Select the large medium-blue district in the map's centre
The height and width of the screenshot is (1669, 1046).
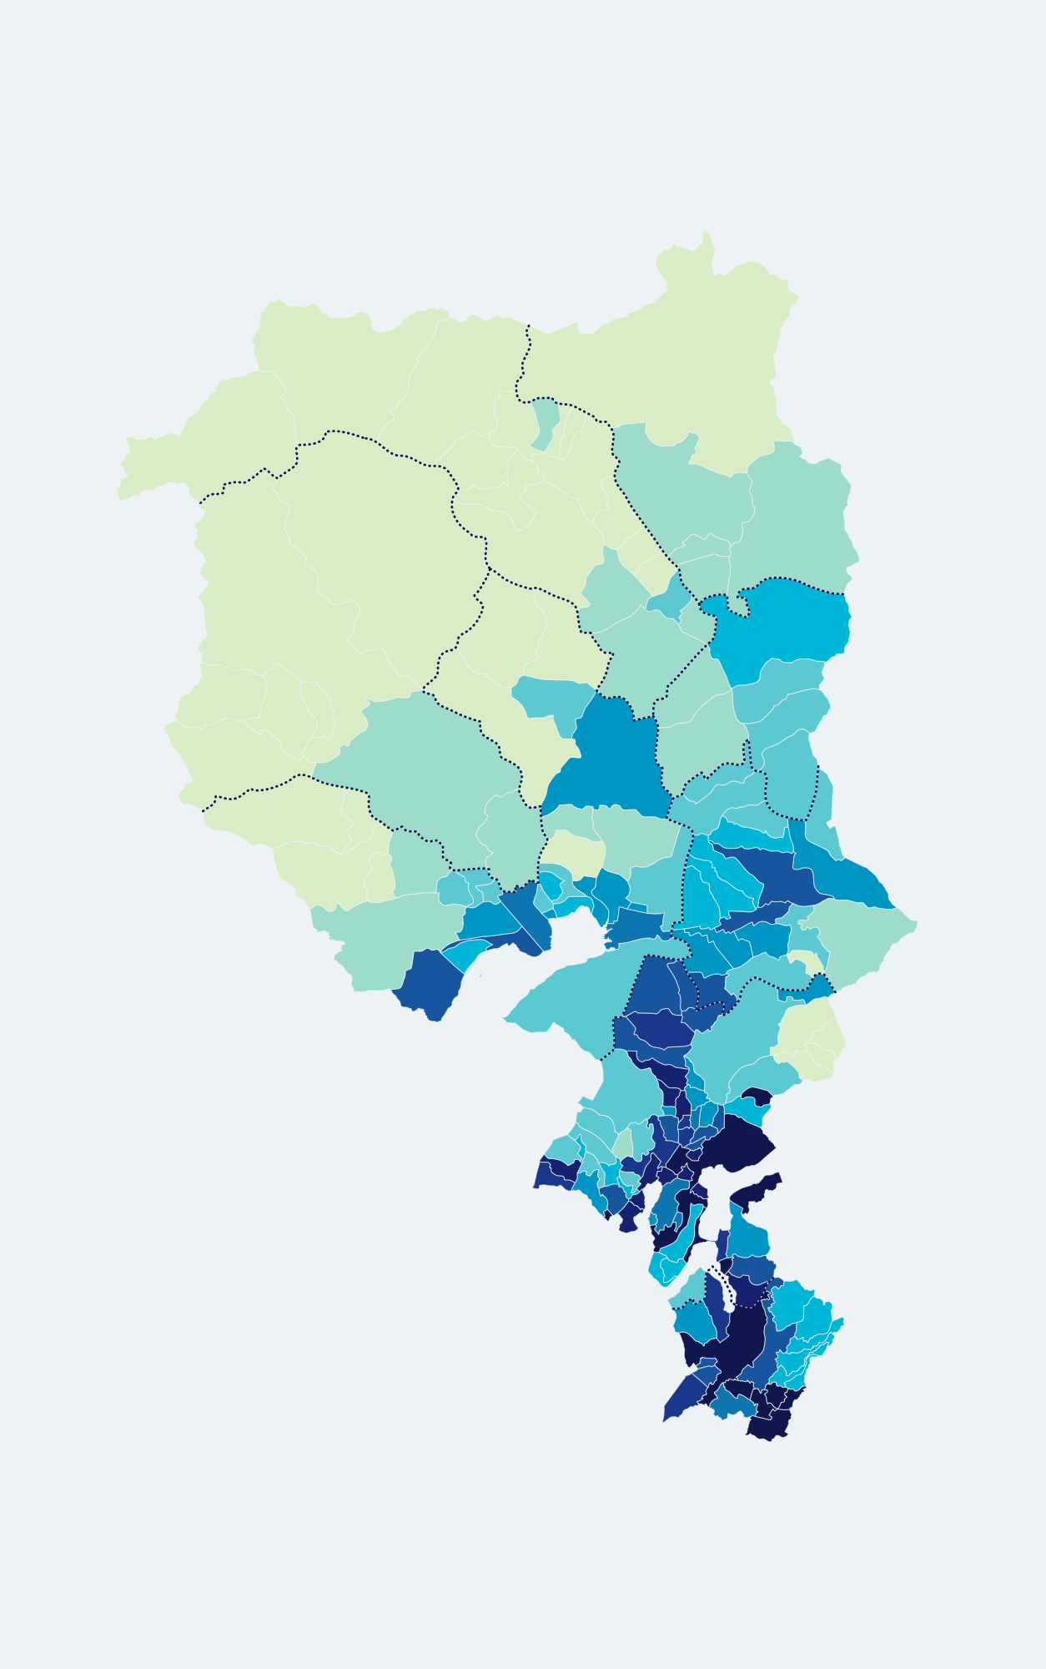[617, 755]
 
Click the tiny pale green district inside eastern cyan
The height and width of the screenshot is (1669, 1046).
[807, 961]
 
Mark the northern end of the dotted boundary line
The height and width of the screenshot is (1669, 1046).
[528, 326]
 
